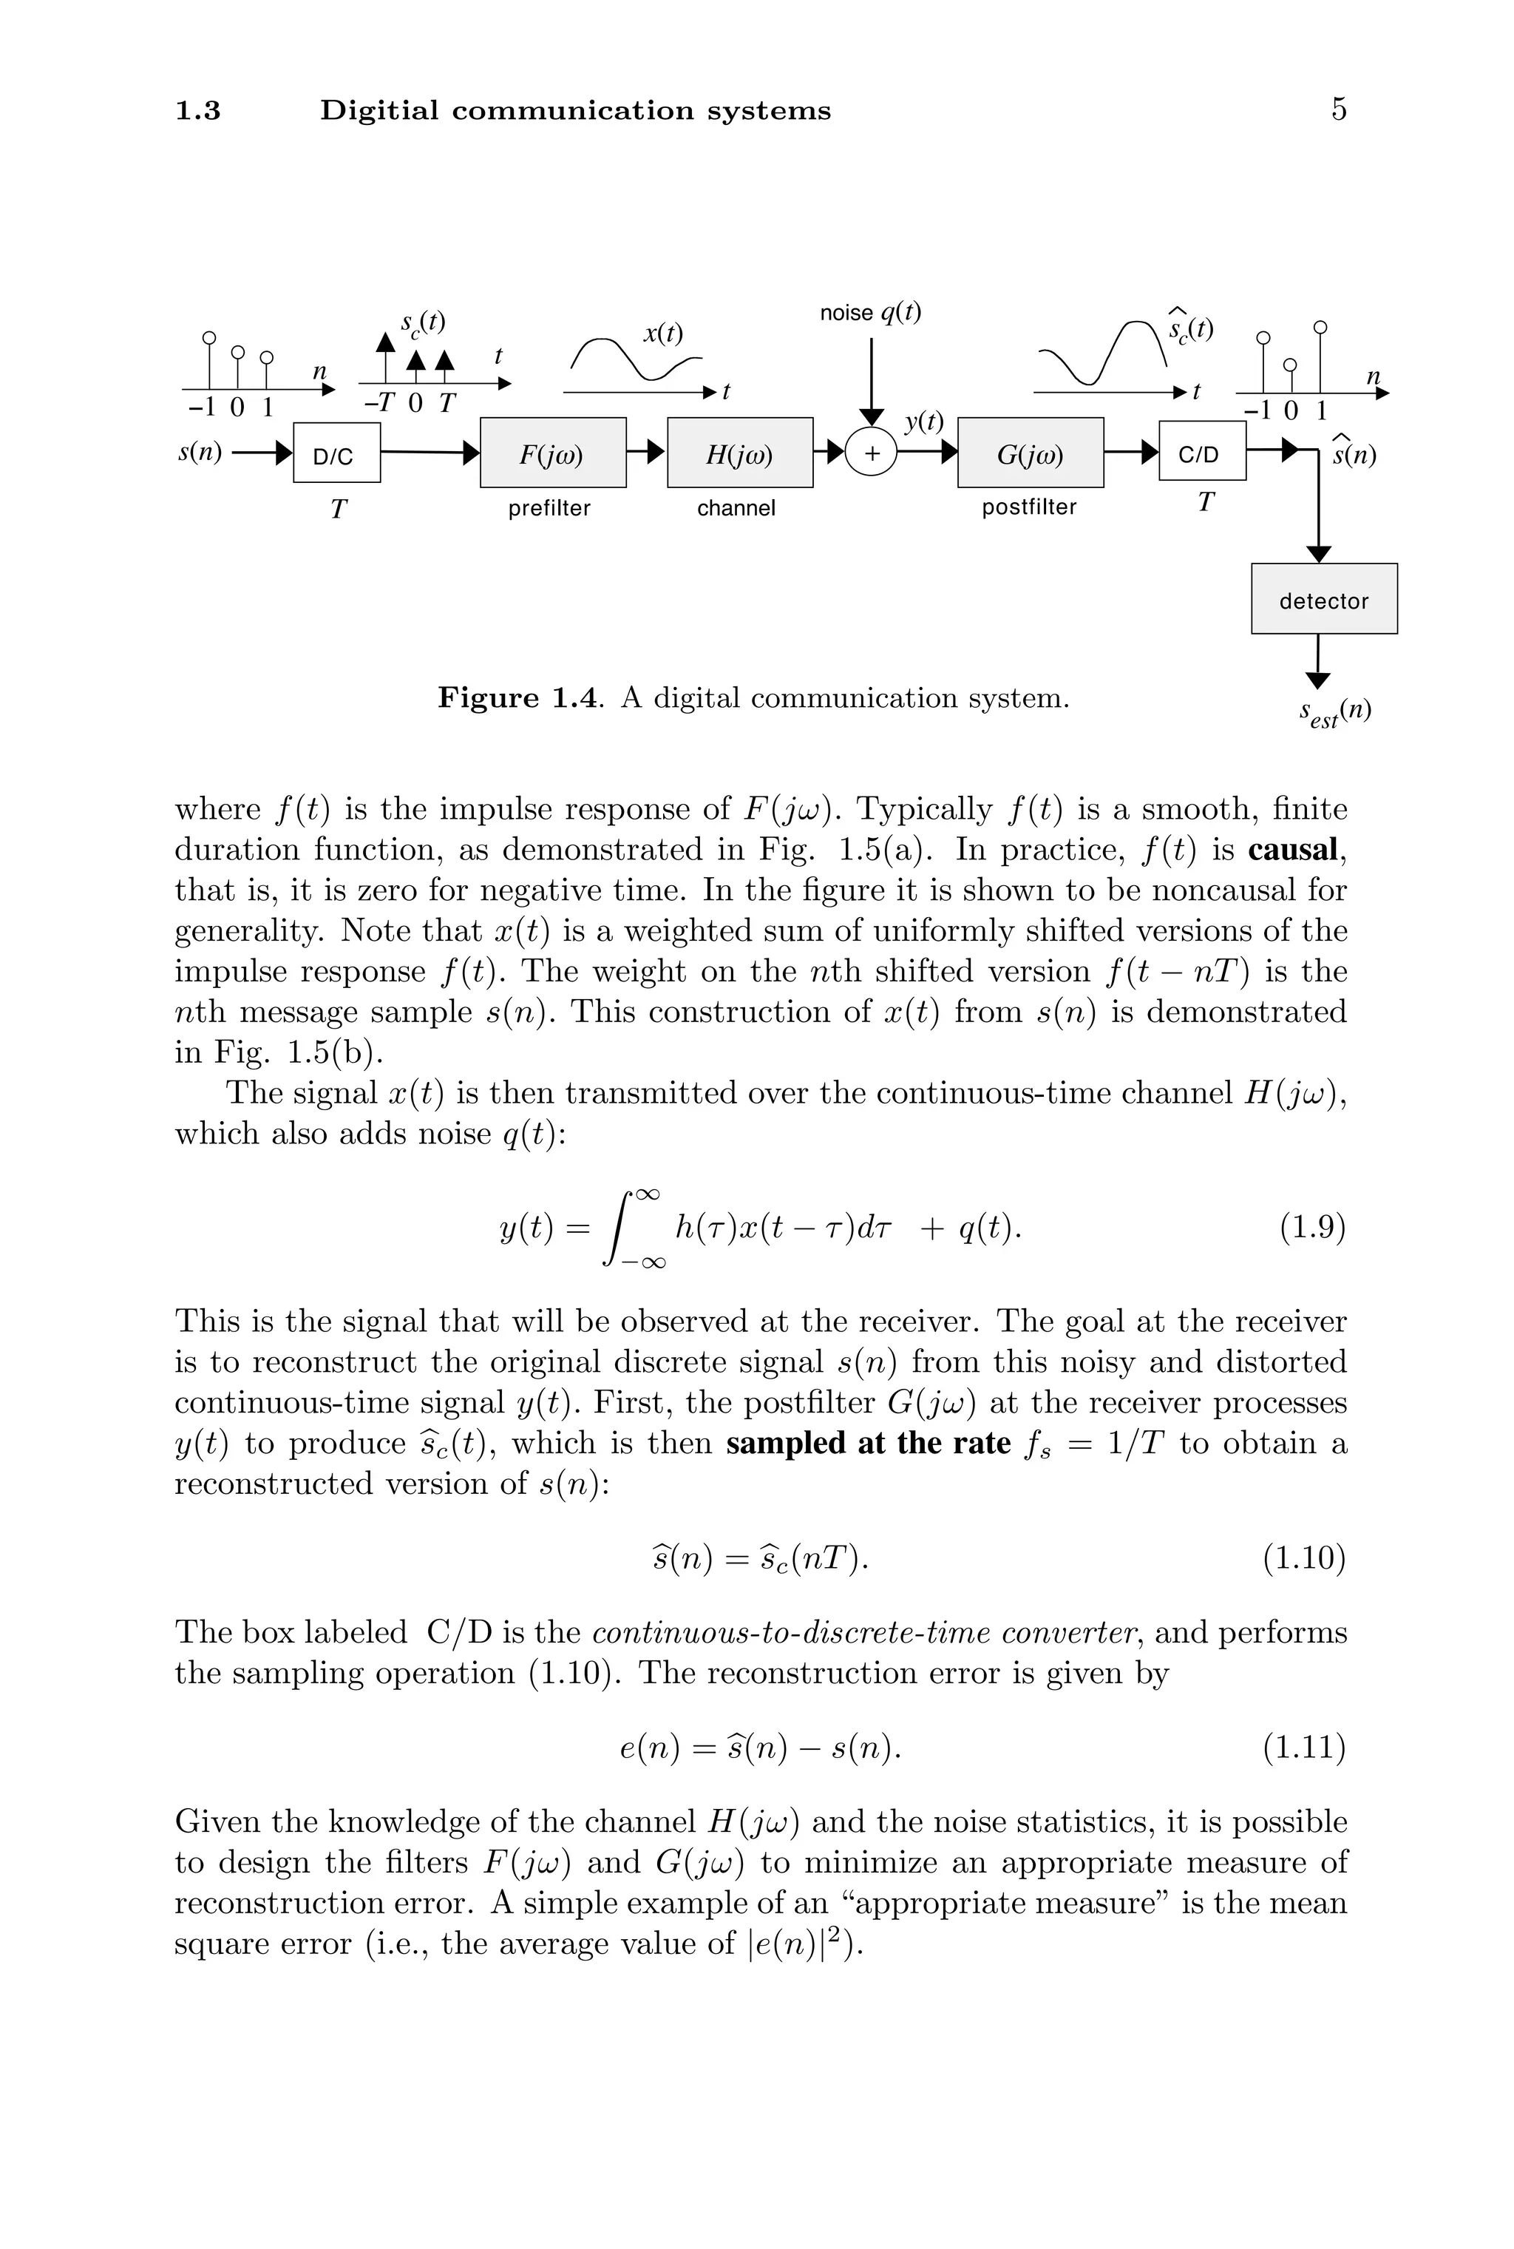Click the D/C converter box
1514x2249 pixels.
(336, 452)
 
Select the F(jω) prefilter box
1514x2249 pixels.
(553, 452)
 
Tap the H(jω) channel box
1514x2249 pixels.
(739, 452)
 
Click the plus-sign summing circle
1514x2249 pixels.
(871, 453)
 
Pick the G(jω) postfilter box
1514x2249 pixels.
(1031, 452)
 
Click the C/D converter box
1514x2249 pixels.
(1201, 451)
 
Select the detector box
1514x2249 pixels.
(1324, 599)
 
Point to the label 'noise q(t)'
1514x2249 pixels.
(870, 313)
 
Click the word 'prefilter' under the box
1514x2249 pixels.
(549, 508)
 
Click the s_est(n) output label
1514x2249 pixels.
(1334, 714)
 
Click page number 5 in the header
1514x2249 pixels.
(1338, 110)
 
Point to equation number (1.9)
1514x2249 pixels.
(1312, 1228)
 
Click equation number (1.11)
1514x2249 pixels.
(1303, 1747)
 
